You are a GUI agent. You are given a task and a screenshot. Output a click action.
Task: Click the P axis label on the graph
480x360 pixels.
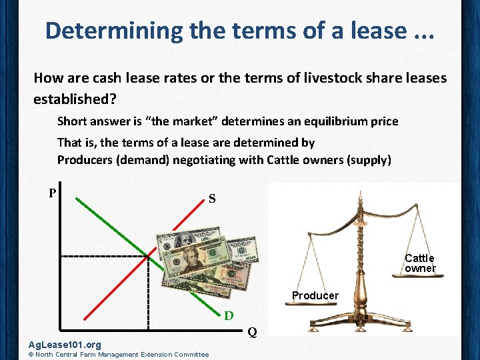[52, 193]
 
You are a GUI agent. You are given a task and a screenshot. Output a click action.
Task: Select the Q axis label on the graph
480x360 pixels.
[252, 332]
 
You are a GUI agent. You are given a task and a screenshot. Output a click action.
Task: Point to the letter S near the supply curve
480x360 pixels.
[211, 199]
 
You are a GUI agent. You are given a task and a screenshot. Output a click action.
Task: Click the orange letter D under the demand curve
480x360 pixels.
[228, 315]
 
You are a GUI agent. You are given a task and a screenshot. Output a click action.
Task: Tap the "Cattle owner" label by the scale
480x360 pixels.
[419, 263]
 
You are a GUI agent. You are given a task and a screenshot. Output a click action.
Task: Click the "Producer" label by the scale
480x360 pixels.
[315, 295]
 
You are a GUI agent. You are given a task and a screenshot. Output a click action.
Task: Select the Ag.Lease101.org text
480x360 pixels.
[65, 345]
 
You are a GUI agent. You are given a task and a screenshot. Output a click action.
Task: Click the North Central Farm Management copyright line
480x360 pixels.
[117, 355]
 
